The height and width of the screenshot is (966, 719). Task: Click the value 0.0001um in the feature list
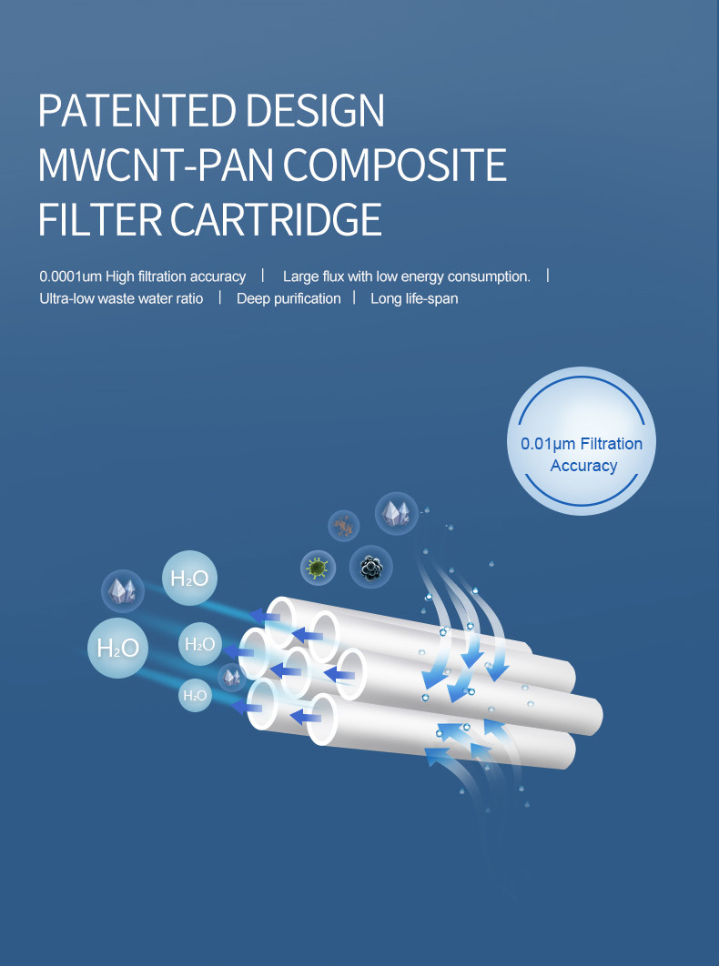pyautogui.click(x=70, y=276)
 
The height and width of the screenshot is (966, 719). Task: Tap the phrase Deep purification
pyautogui.click(x=289, y=298)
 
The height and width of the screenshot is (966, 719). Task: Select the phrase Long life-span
pyautogui.click(x=414, y=298)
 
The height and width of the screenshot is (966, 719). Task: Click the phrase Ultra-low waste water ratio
pyautogui.click(x=121, y=298)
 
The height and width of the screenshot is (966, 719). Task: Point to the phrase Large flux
pyautogui.click(x=313, y=276)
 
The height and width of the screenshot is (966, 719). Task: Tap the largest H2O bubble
pyautogui.click(x=117, y=648)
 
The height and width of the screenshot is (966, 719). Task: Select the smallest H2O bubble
pyautogui.click(x=195, y=696)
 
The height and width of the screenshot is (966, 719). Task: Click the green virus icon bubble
pyautogui.click(x=318, y=569)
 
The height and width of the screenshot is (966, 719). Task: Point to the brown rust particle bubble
pyautogui.click(x=344, y=525)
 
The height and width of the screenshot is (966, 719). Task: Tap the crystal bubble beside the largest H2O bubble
pyautogui.click(x=123, y=590)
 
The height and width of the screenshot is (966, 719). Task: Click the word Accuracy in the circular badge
pyautogui.click(x=583, y=466)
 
